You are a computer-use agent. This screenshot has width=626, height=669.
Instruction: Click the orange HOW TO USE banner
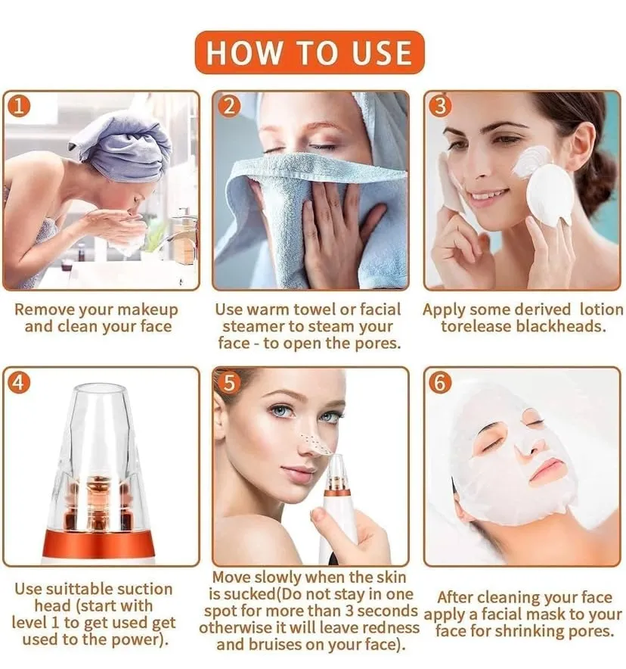(310, 52)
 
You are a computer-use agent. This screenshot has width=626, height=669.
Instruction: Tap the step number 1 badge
(19, 106)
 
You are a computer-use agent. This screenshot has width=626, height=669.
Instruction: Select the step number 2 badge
(229, 106)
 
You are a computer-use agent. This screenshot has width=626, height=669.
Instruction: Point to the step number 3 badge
(441, 106)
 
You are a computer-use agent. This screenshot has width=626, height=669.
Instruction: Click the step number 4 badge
(19, 383)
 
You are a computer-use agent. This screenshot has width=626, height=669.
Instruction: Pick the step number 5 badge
(229, 383)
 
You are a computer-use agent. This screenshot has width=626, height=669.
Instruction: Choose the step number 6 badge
(441, 383)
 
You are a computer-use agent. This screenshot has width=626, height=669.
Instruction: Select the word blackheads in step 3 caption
(561, 327)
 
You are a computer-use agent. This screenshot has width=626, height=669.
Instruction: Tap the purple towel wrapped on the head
(122, 144)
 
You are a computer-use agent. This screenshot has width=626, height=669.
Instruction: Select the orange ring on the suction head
(98, 545)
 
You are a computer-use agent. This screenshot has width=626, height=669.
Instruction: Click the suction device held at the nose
(339, 508)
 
